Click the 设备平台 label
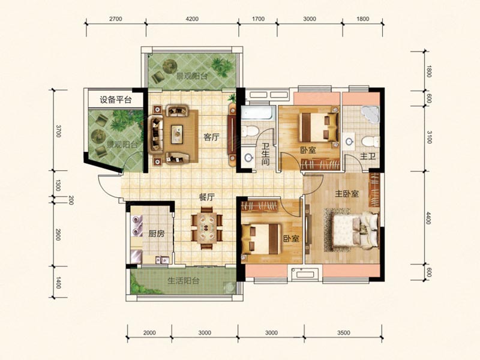click(x=115, y=100)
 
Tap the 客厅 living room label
click(x=212, y=137)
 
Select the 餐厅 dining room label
click(x=206, y=197)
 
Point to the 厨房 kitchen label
click(x=157, y=233)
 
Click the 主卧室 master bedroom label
click(x=347, y=194)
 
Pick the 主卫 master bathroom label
click(x=368, y=157)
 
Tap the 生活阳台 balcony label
click(x=184, y=280)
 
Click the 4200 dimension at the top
click(x=192, y=19)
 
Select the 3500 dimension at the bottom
click(x=343, y=333)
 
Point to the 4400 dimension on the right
click(x=428, y=218)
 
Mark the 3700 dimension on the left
click(x=58, y=131)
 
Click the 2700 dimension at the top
click(x=115, y=19)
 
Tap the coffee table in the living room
click(x=176, y=134)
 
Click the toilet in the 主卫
click(x=369, y=142)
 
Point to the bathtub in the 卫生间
click(x=257, y=113)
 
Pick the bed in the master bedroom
click(x=356, y=230)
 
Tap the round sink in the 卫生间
click(x=248, y=158)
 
